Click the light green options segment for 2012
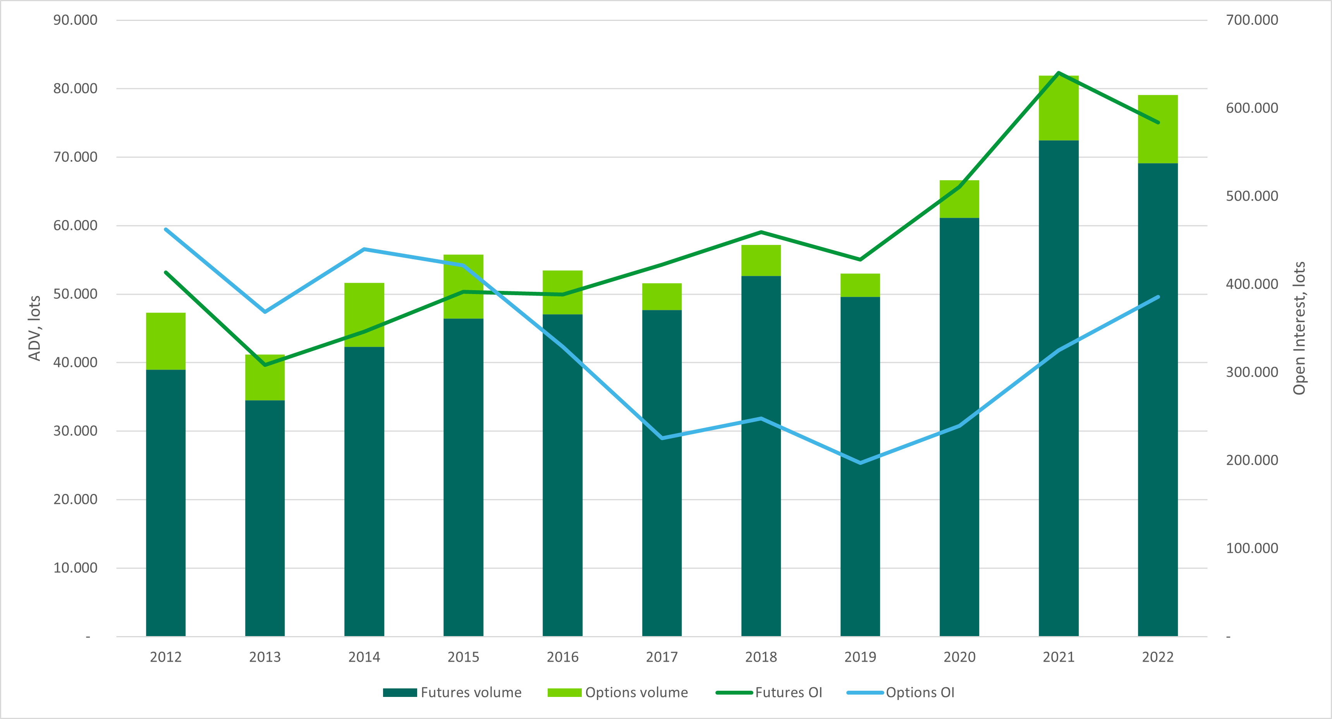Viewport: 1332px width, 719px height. (165, 341)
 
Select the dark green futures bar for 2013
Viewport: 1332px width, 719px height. (265, 517)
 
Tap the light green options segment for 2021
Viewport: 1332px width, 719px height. (1059, 108)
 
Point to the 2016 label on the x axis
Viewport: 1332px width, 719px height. (562, 657)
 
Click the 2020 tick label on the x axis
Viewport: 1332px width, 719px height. (959, 657)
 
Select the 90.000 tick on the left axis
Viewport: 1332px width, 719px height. (75, 20)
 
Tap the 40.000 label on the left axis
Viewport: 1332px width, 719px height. (75, 362)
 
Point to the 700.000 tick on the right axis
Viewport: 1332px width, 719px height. (1252, 20)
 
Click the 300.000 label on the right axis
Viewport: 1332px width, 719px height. (1252, 372)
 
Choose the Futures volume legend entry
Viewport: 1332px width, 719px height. (452, 693)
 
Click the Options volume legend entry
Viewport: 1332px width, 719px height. (618, 693)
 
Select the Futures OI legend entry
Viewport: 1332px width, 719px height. (770, 693)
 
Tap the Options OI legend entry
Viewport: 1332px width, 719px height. (901, 693)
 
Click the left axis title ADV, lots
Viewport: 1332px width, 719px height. (34, 328)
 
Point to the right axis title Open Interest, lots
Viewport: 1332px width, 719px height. (1299, 328)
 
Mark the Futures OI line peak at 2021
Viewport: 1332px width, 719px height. (1059, 73)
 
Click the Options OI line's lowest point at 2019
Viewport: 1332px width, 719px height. (860, 463)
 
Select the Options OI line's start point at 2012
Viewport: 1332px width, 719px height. (165, 229)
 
